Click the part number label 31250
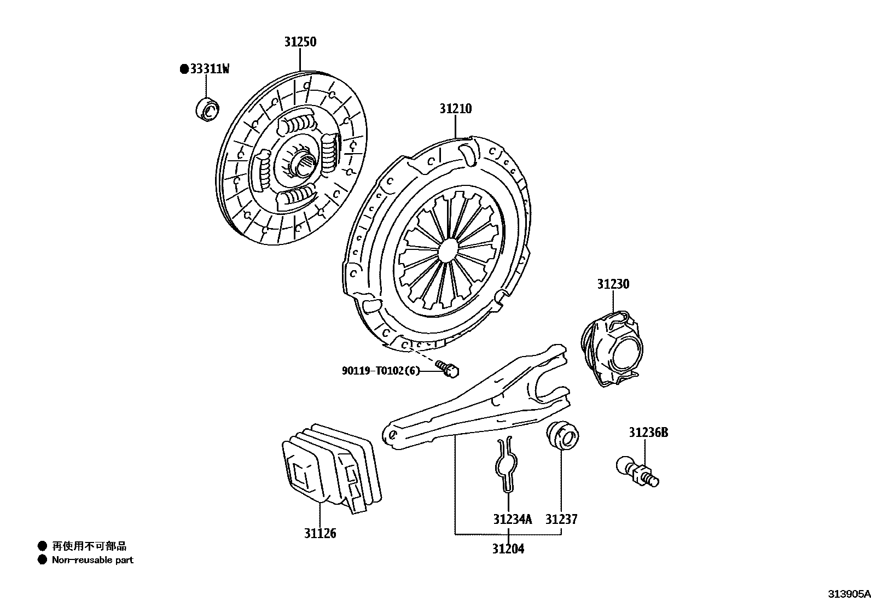(x=300, y=42)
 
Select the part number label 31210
(x=455, y=109)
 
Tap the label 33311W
(x=210, y=69)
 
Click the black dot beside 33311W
(x=184, y=69)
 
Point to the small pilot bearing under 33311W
(x=207, y=109)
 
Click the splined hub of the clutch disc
(x=304, y=162)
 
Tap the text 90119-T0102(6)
(x=381, y=371)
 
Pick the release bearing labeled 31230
(x=612, y=348)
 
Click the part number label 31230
(x=613, y=284)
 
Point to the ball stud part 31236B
(x=637, y=471)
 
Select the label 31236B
(x=648, y=433)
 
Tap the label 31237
(x=561, y=519)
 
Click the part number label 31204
(x=507, y=549)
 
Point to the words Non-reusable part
(x=92, y=560)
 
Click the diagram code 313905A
(x=848, y=594)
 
